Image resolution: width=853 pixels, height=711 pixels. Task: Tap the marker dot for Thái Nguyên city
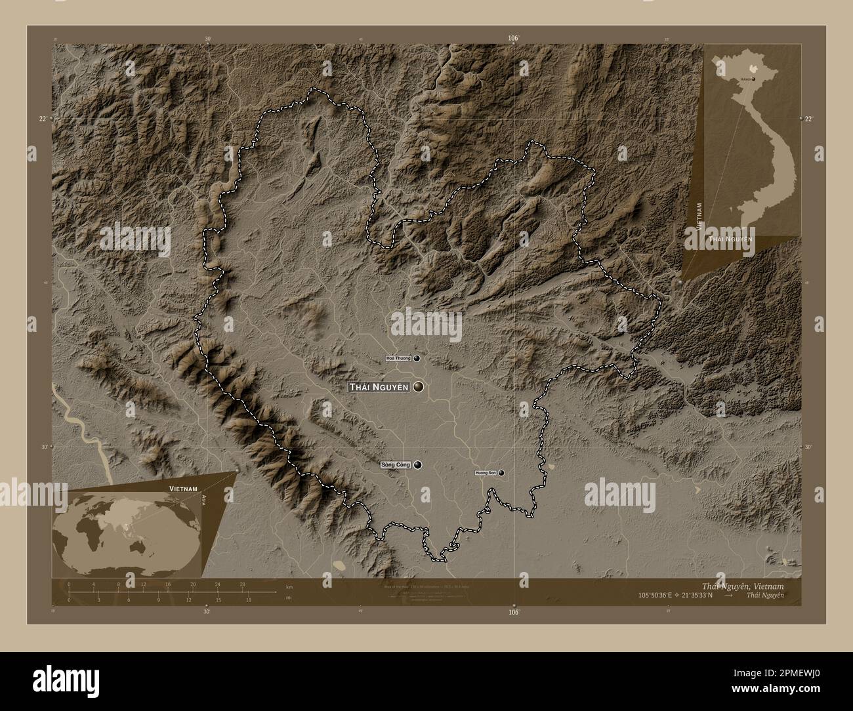pyautogui.click(x=419, y=387)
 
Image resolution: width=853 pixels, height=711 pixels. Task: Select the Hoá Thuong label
pyautogui.click(x=398, y=359)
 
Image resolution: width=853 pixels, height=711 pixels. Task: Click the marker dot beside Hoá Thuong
pyautogui.click(x=417, y=359)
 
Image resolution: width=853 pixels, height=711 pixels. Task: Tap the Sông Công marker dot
pyautogui.click(x=418, y=465)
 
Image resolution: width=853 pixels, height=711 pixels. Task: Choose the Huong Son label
pyautogui.click(x=486, y=473)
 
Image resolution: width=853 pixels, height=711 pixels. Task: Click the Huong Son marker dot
pyautogui.click(x=502, y=472)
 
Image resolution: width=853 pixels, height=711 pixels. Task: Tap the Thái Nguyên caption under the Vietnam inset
pyautogui.click(x=730, y=240)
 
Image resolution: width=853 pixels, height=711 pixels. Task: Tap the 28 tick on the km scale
pyautogui.click(x=242, y=584)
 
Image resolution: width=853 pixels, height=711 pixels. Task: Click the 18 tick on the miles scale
pyautogui.click(x=249, y=599)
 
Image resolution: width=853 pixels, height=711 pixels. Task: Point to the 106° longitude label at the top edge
pyautogui.click(x=514, y=39)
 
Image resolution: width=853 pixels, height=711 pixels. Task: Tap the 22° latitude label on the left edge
pyautogui.click(x=42, y=119)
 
